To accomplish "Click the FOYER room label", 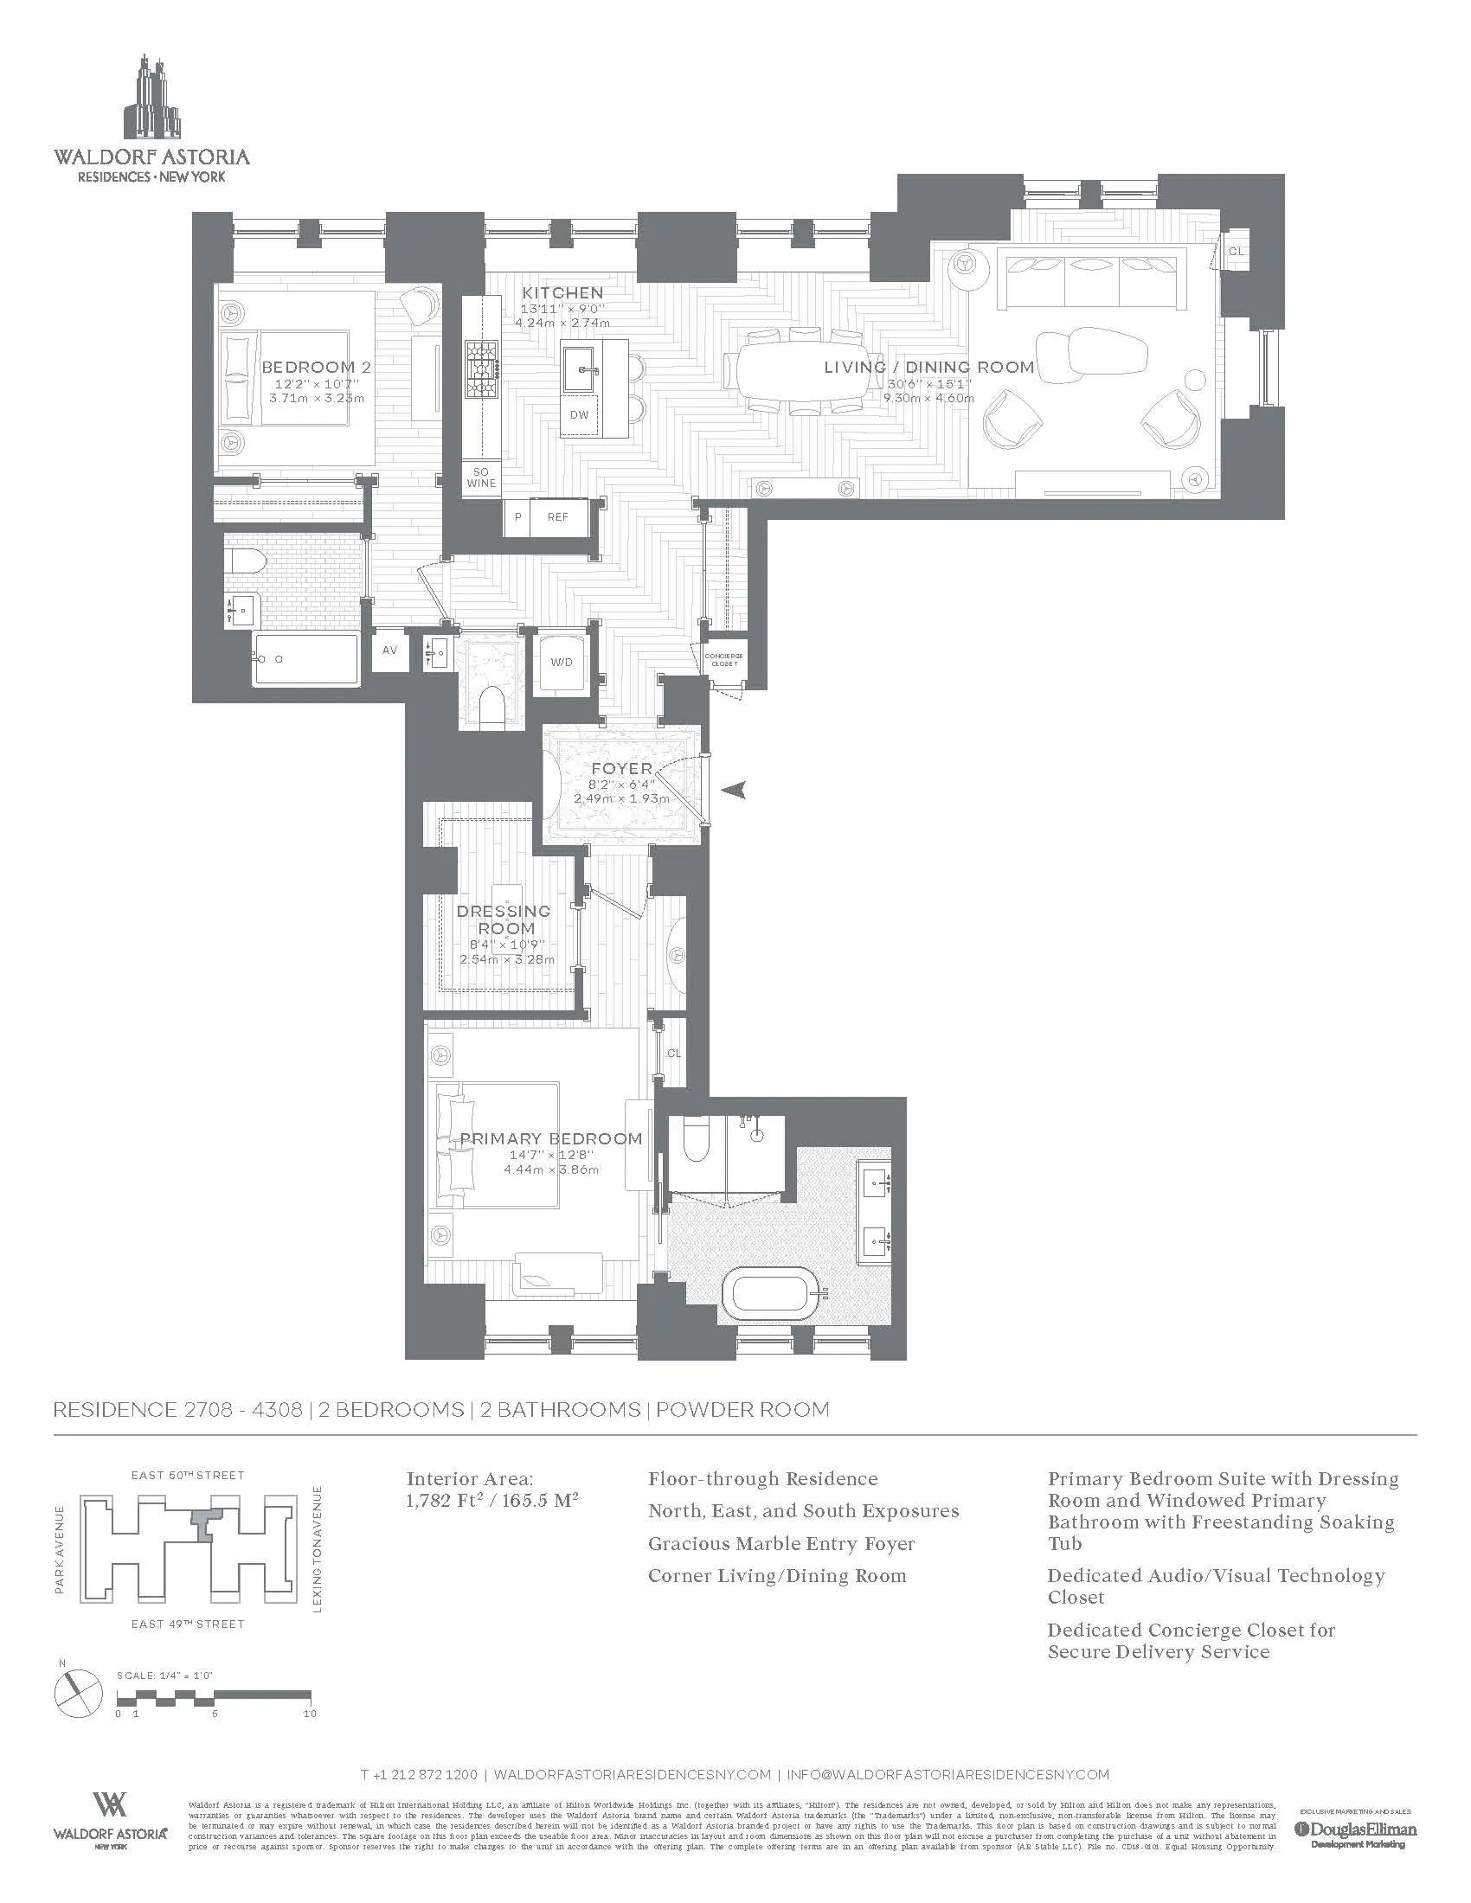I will [x=621, y=768].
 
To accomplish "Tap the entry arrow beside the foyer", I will [x=735, y=791].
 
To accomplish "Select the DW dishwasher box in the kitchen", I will [x=580, y=414].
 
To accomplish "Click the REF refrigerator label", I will [x=558, y=516].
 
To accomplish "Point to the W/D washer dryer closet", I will [x=562, y=663].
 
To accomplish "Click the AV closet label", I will [x=389, y=650].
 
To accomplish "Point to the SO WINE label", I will [x=480, y=477].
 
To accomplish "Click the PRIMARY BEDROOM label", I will [x=550, y=1139].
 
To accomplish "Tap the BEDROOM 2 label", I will [x=316, y=367].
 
